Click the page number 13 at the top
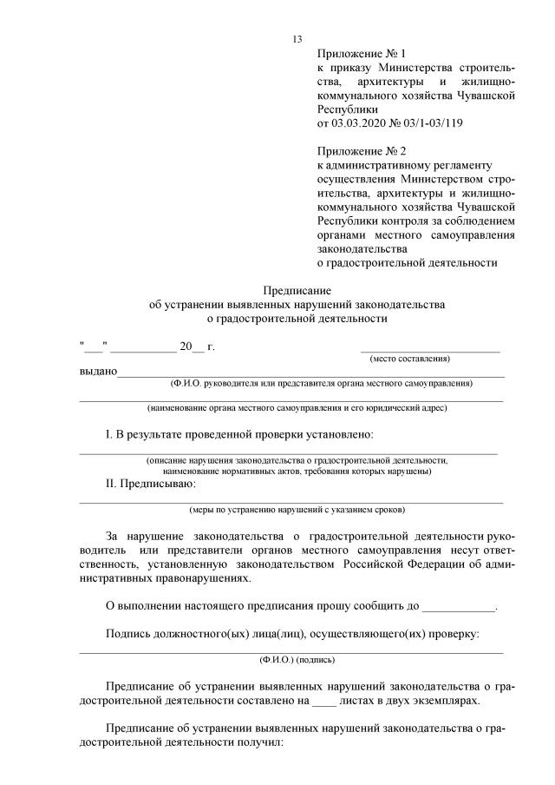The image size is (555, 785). pyautogui.click(x=297, y=39)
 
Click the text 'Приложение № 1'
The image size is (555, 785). pyautogui.click(x=356, y=52)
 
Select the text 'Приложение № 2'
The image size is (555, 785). pyautogui.click(x=356, y=151)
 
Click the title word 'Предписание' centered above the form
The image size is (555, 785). pyautogui.click(x=297, y=290)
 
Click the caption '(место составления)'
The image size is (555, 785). pyautogui.click(x=409, y=359)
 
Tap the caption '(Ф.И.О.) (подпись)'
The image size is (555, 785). pyautogui.click(x=291, y=659)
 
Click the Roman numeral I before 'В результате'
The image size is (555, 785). pyautogui.click(x=108, y=433)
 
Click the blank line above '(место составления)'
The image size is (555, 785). pyautogui.click(x=431, y=349)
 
